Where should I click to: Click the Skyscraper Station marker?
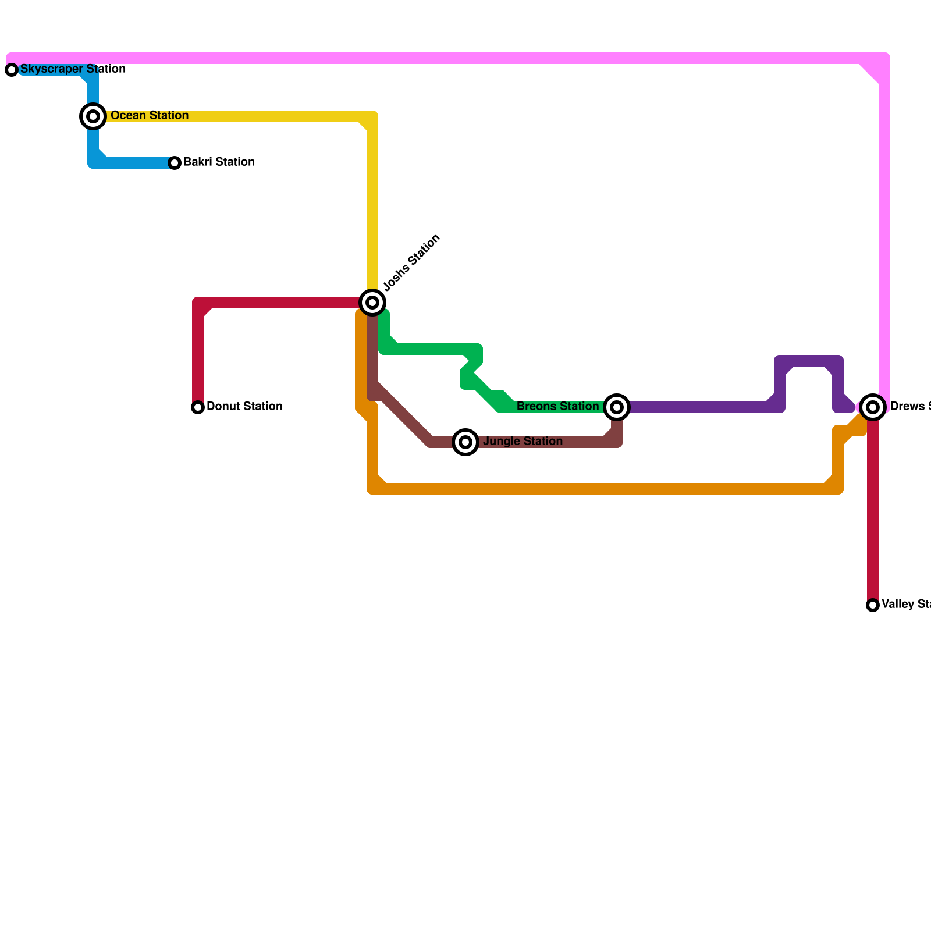point(12,70)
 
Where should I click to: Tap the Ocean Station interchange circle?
point(93,116)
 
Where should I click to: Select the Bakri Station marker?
point(175,163)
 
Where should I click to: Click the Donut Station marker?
point(198,407)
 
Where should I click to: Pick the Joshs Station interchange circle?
point(372,303)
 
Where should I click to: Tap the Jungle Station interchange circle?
point(465,442)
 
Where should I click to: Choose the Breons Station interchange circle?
point(617,407)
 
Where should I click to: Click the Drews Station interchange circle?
point(873,407)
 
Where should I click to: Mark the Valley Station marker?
point(873,605)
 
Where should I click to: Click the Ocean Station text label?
point(150,116)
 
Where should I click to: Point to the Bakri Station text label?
point(219,162)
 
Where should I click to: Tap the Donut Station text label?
point(244,407)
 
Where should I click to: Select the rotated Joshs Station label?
point(412,262)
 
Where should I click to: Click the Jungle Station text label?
point(523,442)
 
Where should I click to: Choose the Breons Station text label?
point(557,407)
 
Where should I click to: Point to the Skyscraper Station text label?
point(73,69)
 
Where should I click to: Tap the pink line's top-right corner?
point(884,59)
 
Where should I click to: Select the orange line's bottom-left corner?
point(372,489)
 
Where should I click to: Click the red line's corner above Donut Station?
point(198,303)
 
